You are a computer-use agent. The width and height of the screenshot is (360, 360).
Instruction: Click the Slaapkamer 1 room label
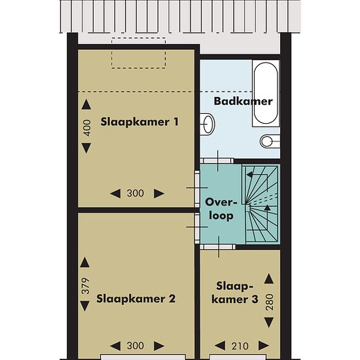click(x=139, y=122)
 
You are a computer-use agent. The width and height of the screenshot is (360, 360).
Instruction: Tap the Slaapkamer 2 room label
click(x=136, y=299)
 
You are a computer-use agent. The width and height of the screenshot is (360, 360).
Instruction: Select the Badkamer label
click(x=243, y=101)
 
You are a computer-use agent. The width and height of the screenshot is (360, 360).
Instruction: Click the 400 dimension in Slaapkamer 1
click(x=86, y=128)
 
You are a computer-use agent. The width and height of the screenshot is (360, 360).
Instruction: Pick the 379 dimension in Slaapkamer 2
click(x=85, y=286)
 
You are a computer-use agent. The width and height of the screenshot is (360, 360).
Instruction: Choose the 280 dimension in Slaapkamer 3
click(x=270, y=302)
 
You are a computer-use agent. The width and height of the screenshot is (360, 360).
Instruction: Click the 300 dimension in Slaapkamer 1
click(x=135, y=193)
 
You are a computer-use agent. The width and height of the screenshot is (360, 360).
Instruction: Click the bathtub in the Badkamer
click(x=266, y=93)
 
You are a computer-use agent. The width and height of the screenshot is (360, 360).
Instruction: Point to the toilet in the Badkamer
click(x=270, y=141)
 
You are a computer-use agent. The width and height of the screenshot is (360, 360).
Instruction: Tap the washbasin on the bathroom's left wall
click(x=207, y=124)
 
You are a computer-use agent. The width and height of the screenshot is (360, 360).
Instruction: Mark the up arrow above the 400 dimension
click(x=86, y=104)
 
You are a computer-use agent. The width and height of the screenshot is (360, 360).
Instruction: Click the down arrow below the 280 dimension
click(x=269, y=322)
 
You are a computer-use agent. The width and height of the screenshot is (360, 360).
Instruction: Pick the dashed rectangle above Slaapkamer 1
click(x=139, y=53)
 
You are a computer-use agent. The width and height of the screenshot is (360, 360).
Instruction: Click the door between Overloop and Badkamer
click(x=217, y=161)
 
